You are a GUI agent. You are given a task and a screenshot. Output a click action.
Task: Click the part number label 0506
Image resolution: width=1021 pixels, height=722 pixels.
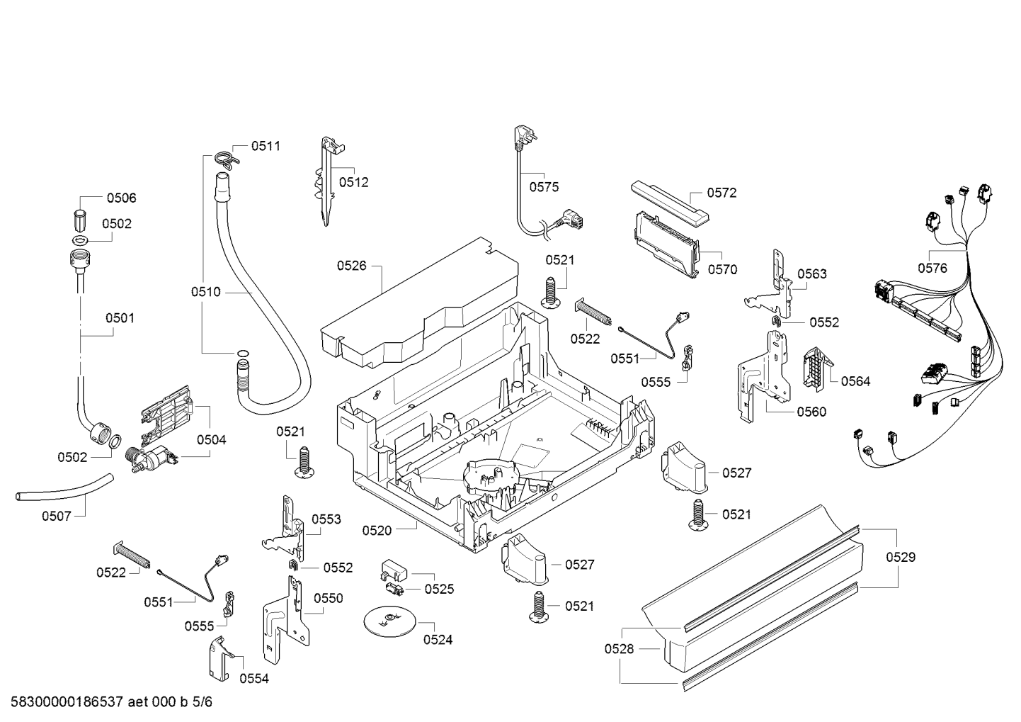(x=121, y=198)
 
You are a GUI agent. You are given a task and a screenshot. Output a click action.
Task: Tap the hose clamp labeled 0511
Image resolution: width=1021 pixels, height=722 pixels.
(x=224, y=159)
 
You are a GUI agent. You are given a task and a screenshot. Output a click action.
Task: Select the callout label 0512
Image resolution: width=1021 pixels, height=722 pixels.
(x=353, y=182)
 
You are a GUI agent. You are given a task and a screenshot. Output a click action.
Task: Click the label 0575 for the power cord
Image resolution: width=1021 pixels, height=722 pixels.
(x=544, y=187)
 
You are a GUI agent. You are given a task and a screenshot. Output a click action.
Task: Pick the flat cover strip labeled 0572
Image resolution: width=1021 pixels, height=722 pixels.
(x=670, y=203)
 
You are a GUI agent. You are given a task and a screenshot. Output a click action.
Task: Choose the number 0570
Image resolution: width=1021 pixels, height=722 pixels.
(x=722, y=269)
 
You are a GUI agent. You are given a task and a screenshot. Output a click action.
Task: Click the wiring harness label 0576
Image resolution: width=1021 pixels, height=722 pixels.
(x=932, y=268)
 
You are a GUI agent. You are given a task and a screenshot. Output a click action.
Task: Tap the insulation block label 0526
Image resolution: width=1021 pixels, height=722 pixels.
(x=351, y=266)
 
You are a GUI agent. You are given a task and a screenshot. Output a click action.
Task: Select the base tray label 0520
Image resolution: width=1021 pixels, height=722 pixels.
(x=377, y=531)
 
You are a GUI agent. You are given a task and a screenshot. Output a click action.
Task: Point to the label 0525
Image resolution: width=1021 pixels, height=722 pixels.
(x=440, y=589)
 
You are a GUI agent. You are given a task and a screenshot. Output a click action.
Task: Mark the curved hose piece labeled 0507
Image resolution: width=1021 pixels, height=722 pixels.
(x=64, y=491)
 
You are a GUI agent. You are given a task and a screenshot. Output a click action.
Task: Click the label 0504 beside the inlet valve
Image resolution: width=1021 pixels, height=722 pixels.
(x=212, y=440)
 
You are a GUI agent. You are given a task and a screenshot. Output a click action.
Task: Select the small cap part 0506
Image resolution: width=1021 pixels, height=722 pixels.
(x=80, y=222)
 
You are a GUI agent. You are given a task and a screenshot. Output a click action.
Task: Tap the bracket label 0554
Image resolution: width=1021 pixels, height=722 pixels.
(x=254, y=679)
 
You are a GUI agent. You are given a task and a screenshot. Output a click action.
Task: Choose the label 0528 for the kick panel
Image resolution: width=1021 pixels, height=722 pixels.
(x=619, y=648)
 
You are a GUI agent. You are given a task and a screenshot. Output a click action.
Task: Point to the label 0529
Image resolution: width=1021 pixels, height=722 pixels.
(x=901, y=558)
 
